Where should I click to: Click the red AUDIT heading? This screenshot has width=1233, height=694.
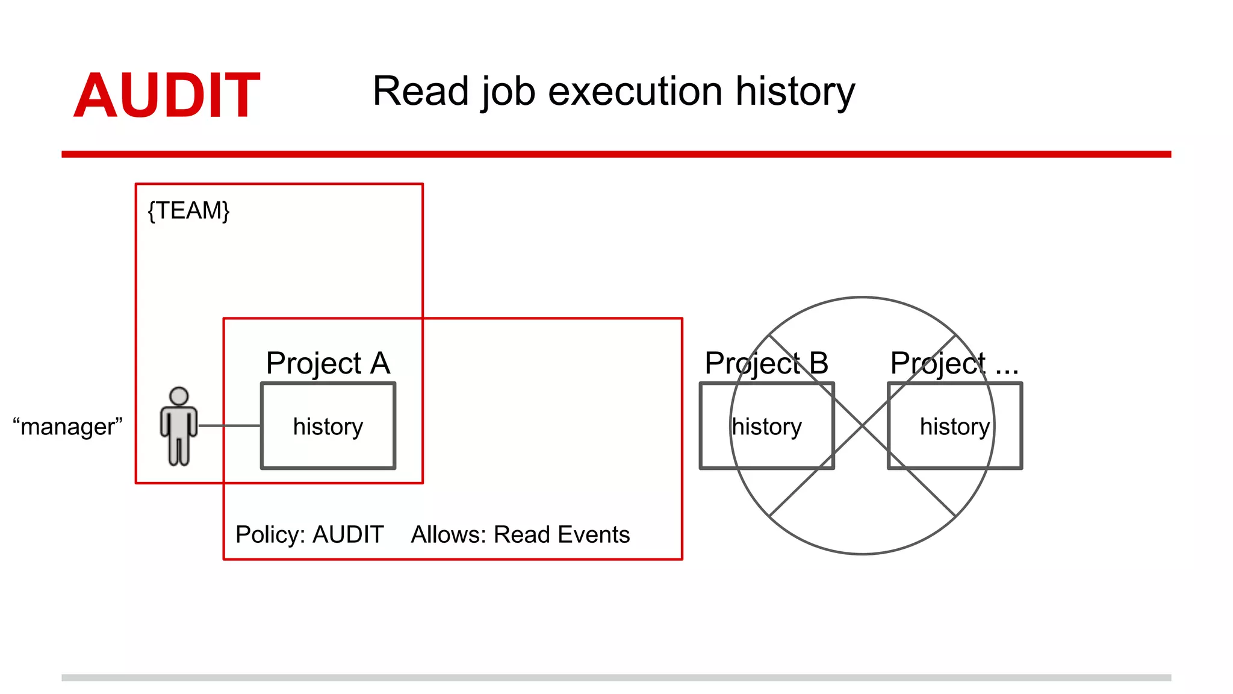(167, 95)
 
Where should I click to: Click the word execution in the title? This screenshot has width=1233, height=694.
(635, 92)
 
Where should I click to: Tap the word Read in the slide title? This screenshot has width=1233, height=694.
(420, 92)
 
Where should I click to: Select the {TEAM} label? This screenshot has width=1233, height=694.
(188, 211)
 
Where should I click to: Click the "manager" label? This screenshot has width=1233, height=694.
(67, 427)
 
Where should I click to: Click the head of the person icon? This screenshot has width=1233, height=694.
(179, 396)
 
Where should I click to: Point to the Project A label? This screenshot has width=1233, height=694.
(328, 363)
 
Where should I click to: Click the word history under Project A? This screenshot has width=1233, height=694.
(328, 427)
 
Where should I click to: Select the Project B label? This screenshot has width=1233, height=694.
(766, 363)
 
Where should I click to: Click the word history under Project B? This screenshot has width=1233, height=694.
(766, 427)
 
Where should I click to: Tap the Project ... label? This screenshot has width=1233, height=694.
(954, 363)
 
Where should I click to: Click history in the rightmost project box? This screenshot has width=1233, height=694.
(954, 427)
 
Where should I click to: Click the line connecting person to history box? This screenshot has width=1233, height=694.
(229, 426)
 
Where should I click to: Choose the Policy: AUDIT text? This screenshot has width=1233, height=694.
(309, 534)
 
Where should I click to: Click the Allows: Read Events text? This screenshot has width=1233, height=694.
(520, 534)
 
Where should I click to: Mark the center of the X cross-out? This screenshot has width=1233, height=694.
(862, 426)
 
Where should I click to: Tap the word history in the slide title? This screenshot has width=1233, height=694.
(795, 92)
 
